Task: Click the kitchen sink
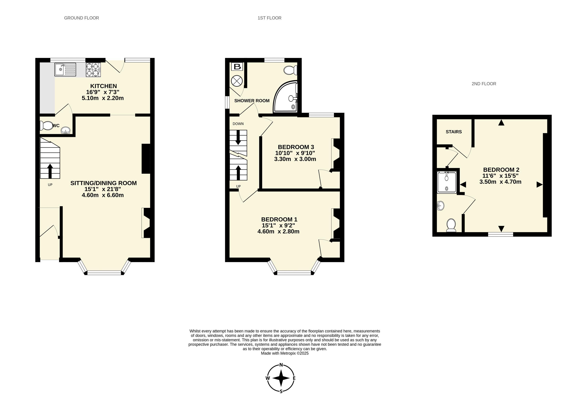pos(65,69)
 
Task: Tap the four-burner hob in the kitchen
pos(93,70)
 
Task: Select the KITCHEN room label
pos(103,86)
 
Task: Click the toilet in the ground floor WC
pos(46,125)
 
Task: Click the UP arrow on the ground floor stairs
pos(50,171)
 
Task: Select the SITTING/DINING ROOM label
pos(103,183)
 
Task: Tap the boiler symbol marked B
pos(237,67)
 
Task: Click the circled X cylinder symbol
pos(237,81)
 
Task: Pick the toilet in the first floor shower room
pos(290,70)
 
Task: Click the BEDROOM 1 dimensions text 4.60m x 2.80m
pos(278,231)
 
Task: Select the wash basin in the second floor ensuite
pos(441,206)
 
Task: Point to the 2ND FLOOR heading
pos(484,84)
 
